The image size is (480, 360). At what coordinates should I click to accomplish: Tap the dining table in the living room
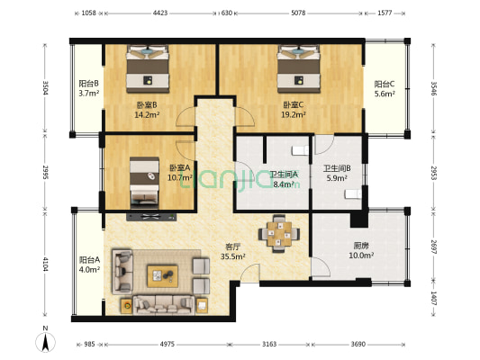point(279,234)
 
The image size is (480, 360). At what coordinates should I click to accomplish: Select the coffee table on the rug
point(162,276)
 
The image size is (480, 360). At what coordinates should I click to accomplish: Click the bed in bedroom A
point(144,183)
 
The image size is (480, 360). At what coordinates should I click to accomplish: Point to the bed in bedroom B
point(148,68)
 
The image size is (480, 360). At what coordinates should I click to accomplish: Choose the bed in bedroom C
point(298,68)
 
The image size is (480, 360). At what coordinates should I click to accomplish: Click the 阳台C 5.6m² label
point(385,89)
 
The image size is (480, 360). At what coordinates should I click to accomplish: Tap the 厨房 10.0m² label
point(361,250)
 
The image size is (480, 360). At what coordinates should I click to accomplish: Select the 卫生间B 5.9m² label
point(337,173)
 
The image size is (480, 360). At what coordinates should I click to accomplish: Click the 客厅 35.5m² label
point(232,251)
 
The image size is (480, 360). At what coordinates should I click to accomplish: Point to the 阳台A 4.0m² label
point(89,265)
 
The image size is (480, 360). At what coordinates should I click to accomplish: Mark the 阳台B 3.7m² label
point(89,88)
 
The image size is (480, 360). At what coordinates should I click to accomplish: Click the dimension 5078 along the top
point(298,13)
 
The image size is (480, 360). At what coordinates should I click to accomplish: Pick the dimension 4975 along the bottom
point(168,344)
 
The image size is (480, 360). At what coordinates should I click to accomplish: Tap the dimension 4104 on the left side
point(45,264)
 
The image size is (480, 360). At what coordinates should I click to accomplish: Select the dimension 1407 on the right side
point(433,298)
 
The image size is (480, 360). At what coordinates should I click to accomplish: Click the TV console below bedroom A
point(151,217)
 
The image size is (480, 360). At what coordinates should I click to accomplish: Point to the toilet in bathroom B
point(353,194)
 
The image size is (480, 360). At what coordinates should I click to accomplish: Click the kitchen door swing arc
point(323,265)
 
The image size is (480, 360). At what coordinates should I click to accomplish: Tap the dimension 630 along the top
point(227,13)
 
